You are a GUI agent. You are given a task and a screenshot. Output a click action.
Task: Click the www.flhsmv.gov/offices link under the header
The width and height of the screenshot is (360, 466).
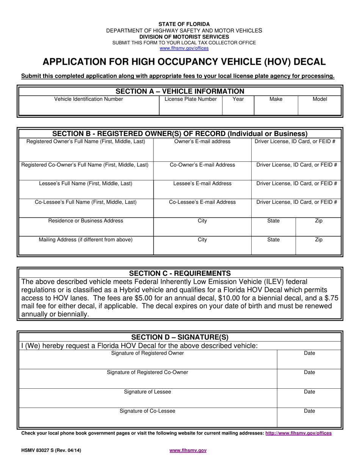pyautogui.click(x=184, y=48)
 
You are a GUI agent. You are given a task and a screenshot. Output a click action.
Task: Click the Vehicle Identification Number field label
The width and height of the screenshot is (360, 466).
pyautogui.click(x=89, y=99)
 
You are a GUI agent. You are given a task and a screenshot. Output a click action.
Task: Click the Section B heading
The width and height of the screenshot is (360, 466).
pyautogui.click(x=180, y=134)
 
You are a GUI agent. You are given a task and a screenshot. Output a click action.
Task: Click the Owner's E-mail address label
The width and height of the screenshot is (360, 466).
pyautogui.click(x=202, y=142)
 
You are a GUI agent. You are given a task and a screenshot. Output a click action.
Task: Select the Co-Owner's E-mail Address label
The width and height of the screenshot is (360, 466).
pyautogui.click(x=202, y=165)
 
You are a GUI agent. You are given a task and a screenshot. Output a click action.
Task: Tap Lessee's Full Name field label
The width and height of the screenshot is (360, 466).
pyautogui.click(x=86, y=184)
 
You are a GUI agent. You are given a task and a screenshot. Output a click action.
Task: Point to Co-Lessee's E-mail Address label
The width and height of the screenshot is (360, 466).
pyautogui.click(x=202, y=202)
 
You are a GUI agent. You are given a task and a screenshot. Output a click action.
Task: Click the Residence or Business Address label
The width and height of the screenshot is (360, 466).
pyautogui.click(x=86, y=221)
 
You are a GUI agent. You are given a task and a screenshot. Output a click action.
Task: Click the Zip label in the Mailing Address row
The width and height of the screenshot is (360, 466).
pyautogui.click(x=319, y=240)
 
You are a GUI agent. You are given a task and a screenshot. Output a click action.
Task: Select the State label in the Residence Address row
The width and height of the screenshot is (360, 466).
pyautogui.click(x=273, y=221)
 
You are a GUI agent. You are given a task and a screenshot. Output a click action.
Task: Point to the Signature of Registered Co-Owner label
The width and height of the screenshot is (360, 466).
pyautogui.click(x=147, y=372)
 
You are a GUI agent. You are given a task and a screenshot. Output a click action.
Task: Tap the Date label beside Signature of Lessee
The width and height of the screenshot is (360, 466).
pyautogui.click(x=309, y=392)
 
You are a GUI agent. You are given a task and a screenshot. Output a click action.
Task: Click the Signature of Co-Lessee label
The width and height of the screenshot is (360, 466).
pyautogui.click(x=147, y=411)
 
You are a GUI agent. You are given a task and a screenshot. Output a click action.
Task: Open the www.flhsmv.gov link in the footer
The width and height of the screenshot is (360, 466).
pyautogui.click(x=188, y=450)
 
